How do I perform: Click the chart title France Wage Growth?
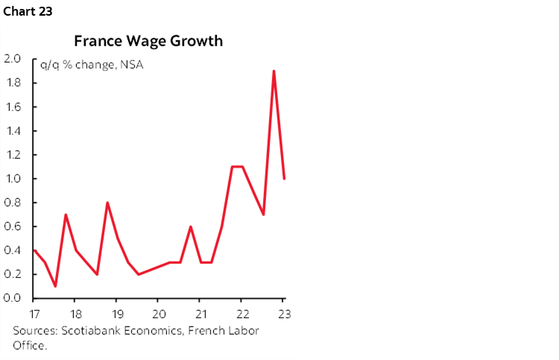click(x=148, y=41)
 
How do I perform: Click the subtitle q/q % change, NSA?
click(x=92, y=64)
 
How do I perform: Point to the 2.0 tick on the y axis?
click(x=12, y=59)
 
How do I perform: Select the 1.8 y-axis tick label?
click(x=12, y=83)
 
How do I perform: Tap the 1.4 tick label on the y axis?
click(x=12, y=130)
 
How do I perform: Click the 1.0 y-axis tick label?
click(x=12, y=179)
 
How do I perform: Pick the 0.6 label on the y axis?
click(x=12, y=227)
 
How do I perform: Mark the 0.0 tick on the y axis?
click(x=12, y=298)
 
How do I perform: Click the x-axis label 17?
click(x=34, y=313)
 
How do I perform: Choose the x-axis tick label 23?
click(x=283, y=313)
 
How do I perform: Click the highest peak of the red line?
click(x=274, y=72)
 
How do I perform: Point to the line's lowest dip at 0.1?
click(x=55, y=285)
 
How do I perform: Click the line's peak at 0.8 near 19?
click(x=107, y=203)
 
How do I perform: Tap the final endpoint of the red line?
click(x=285, y=179)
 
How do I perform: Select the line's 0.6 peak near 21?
click(x=191, y=227)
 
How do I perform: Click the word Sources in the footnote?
click(x=34, y=331)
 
